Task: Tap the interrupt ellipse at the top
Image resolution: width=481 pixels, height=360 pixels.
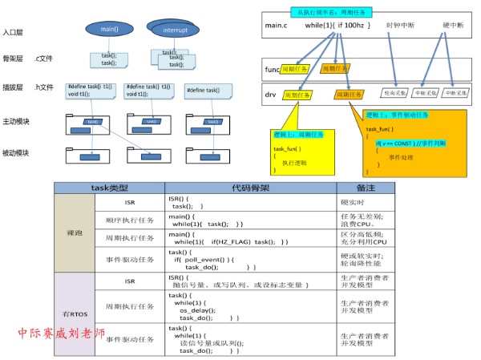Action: (x=175, y=30)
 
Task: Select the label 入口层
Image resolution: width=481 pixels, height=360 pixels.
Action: (x=14, y=34)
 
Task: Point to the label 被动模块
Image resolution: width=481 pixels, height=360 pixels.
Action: (x=16, y=152)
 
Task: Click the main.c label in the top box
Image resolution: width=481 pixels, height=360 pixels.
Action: (x=276, y=26)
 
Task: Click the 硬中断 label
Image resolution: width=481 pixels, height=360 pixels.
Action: (x=453, y=26)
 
